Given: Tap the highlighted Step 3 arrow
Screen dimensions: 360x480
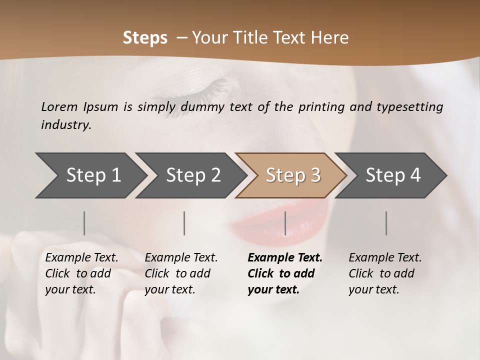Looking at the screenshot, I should point(293,175).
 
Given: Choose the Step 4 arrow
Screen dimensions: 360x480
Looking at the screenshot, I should point(393,175).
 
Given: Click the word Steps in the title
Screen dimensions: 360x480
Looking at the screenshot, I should point(145,37).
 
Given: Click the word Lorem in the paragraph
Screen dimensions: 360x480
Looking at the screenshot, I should point(59,106).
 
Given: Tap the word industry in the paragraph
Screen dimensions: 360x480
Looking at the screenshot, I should point(66,125).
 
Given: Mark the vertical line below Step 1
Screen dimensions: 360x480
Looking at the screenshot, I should point(84,223).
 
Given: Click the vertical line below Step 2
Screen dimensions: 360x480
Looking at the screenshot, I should point(184,223).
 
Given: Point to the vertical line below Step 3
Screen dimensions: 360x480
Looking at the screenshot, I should point(285,223).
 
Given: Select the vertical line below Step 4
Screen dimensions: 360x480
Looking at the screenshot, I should point(386,223).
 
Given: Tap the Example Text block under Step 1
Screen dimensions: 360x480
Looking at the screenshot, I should point(81,273).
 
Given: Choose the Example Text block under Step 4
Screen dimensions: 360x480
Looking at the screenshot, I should point(385,273).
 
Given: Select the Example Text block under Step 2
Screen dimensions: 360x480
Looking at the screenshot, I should point(181,273).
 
